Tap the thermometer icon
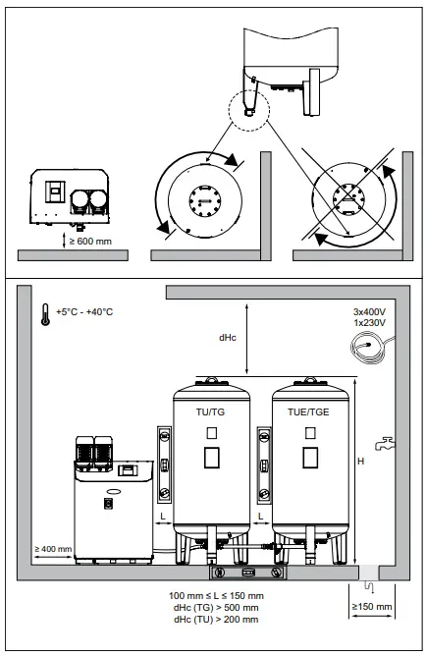coord(44,313)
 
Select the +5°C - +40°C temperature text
coord(84,312)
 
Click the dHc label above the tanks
coord(226,337)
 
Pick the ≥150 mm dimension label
coord(372,607)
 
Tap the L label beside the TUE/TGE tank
coord(262,516)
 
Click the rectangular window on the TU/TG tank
coord(211,457)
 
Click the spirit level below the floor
coord(249,573)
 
